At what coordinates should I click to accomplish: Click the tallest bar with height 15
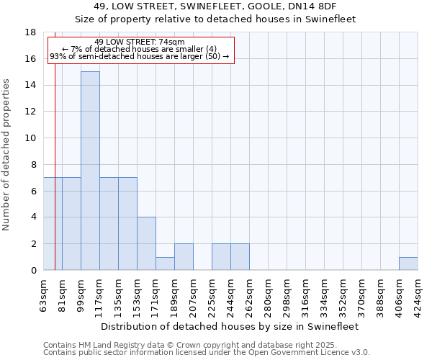tap(90, 171)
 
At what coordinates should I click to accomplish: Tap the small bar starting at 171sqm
tap(165, 264)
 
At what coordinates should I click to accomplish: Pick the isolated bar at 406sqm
tap(408, 264)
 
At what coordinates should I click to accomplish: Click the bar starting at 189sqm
tap(184, 257)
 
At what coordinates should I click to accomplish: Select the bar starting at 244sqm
tap(240, 257)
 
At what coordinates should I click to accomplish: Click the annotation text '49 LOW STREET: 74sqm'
tap(140, 42)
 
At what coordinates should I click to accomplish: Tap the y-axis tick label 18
tap(30, 32)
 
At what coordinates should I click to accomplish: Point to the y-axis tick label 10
tap(30, 138)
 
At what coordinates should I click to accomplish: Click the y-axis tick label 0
tap(33, 271)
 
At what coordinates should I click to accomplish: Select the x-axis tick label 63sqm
tap(44, 294)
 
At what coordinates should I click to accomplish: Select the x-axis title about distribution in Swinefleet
tap(230, 326)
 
